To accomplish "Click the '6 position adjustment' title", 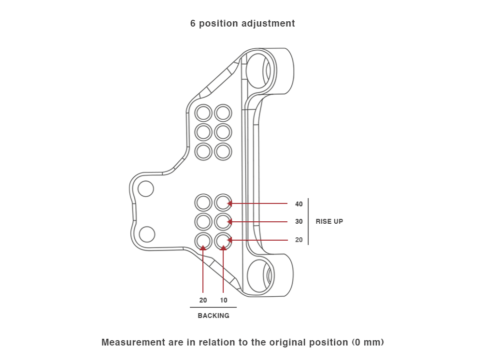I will (x=242, y=23).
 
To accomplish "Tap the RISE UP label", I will (x=329, y=222).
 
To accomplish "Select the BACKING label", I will (x=213, y=316).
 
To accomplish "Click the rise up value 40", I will (x=299, y=204).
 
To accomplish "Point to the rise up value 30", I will (x=299, y=222).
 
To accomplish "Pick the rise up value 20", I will (x=299, y=240).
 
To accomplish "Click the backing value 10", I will (x=224, y=300).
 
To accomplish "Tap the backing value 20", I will (x=203, y=300).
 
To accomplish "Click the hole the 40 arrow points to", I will (x=223, y=203).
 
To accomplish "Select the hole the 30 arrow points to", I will (x=223, y=222).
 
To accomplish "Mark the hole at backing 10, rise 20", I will (x=223, y=240).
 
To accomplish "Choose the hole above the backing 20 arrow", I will (x=203, y=240).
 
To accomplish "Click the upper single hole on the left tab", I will (x=146, y=188).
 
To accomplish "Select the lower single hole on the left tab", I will (x=147, y=234).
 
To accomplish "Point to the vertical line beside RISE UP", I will (x=308, y=222).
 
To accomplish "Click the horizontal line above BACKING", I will (x=213, y=307).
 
